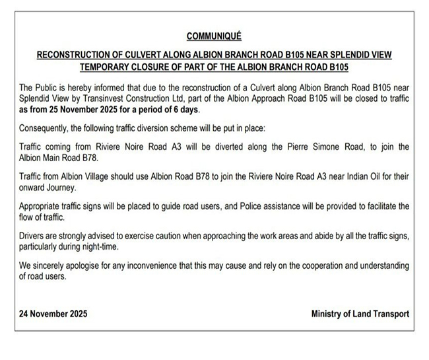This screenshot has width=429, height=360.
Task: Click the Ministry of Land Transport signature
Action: click(x=360, y=314)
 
